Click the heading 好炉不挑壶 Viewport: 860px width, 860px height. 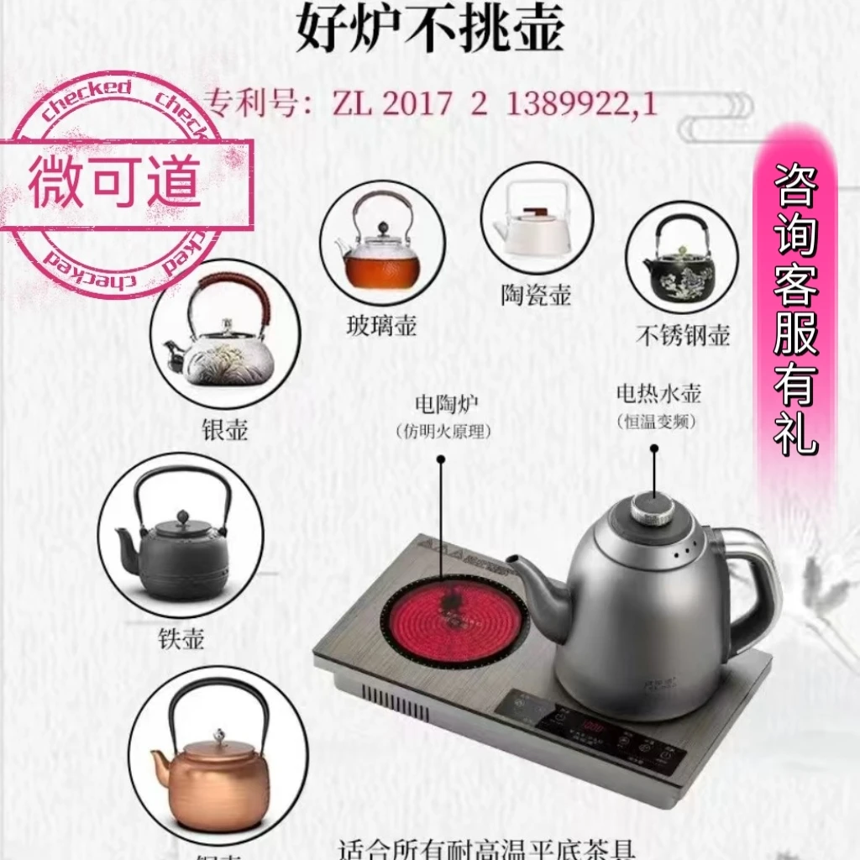click(x=429, y=31)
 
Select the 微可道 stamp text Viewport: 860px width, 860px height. click(x=115, y=178)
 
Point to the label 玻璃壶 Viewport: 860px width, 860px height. click(x=381, y=325)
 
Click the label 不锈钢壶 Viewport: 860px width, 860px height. click(x=682, y=335)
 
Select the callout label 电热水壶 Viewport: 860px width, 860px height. click(x=658, y=392)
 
